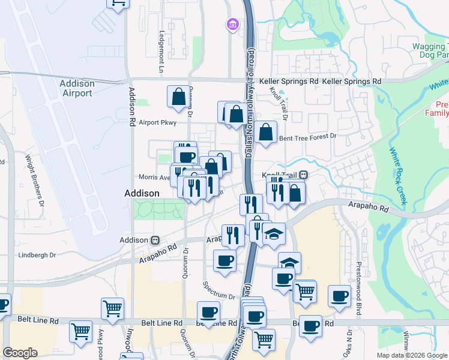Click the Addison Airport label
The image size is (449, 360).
77,88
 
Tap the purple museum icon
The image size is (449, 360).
232,24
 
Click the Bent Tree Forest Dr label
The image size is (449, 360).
309,137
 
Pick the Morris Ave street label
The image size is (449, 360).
154,177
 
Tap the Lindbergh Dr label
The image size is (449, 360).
37,255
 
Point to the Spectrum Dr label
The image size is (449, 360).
219,290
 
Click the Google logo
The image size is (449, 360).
20,353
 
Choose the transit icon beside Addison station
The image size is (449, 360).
154,239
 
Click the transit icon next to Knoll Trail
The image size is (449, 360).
304,175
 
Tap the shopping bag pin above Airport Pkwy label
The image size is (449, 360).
179,96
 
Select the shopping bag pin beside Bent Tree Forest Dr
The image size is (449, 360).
265,131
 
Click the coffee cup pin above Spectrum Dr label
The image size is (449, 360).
225,261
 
